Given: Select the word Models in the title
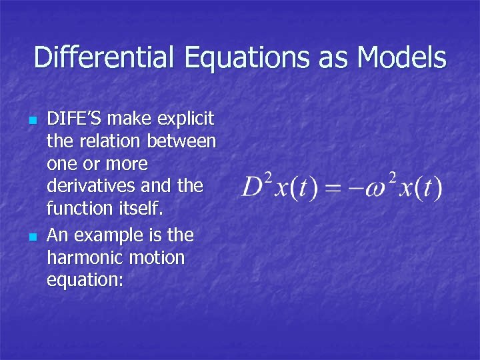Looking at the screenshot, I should tap(402, 58).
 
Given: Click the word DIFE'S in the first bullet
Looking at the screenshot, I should tap(74, 119).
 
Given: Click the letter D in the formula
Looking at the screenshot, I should tap(252, 187).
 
